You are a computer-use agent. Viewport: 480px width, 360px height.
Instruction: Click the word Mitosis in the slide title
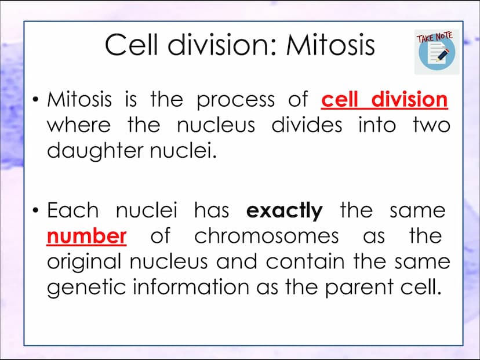pyautogui.click(x=330, y=45)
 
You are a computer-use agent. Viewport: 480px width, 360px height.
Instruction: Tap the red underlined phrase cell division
pyautogui.click(x=384, y=100)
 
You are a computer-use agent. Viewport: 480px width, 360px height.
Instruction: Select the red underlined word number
pyautogui.click(x=86, y=237)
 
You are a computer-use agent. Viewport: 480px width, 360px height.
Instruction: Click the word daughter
pyautogui.click(x=95, y=151)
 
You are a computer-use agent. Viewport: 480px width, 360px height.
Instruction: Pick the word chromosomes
pyautogui.click(x=267, y=236)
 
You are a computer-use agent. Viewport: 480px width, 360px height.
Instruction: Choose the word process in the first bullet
pyautogui.click(x=236, y=101)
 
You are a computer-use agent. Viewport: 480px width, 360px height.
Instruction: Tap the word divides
pyautogui.click(x=307, y=125)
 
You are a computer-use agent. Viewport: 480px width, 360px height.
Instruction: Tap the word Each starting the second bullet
pyautogui.click(x=73, y=210)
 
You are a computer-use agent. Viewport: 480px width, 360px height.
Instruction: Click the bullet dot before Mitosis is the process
pyautogui.click(x=36, y=100)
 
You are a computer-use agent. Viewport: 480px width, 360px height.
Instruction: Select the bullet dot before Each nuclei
pyautogui.click(x=36, y=210)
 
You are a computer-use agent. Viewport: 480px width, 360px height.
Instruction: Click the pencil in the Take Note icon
pyautogui.click(x=443, y=54)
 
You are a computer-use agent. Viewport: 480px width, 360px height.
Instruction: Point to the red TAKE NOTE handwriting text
pyautogui.click(x=434, y=37)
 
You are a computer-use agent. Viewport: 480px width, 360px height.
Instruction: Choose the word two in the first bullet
pyautogui.click(x=431, y=125)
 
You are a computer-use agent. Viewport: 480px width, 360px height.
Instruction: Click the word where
pyautogui.click(x=79, y=125)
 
